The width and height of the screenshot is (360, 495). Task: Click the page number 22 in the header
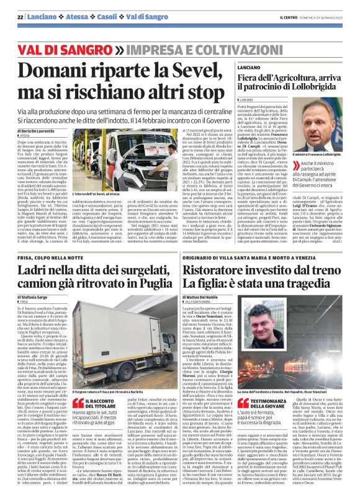point(19,17)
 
